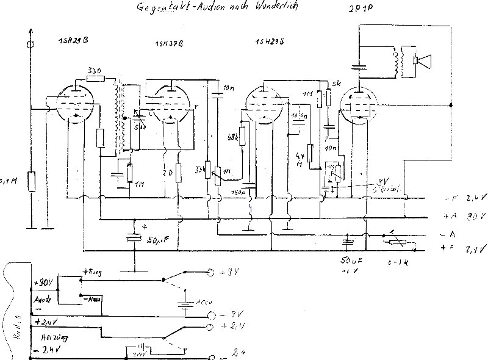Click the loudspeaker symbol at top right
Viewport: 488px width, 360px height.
point(421,62)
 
